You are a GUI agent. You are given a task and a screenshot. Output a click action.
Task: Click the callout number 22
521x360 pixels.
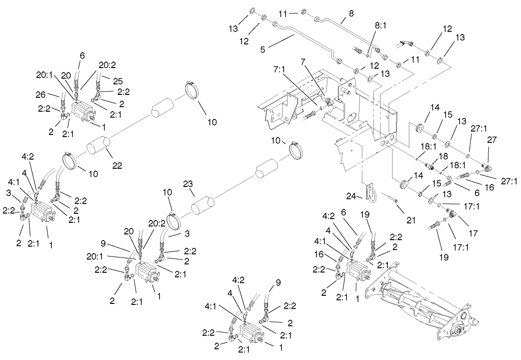point(117,166)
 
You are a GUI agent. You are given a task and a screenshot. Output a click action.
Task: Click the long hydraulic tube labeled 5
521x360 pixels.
point(307,40)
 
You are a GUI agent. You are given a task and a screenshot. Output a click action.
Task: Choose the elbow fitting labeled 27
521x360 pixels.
point(487,167)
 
